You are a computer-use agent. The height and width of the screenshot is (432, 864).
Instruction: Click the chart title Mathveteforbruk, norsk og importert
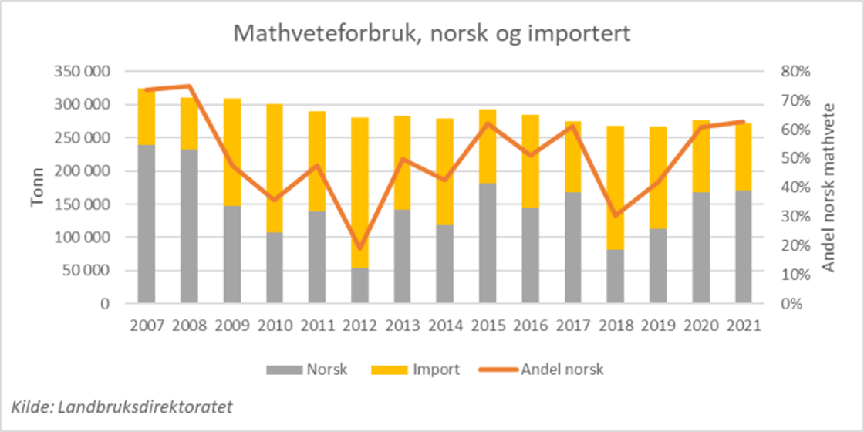point(432,34)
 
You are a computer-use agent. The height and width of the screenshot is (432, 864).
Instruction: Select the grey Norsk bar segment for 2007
point(147,224)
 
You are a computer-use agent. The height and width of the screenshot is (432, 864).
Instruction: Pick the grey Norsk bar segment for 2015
point(488,243)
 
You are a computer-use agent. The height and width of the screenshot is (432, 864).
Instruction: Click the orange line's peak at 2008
point(189,86)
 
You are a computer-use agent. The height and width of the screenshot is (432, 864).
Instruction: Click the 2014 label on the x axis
point(445,326)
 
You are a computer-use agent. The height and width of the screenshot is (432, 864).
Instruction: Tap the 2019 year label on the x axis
point(657,326)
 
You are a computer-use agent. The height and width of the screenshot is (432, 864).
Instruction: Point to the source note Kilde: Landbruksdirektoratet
point(122,407)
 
